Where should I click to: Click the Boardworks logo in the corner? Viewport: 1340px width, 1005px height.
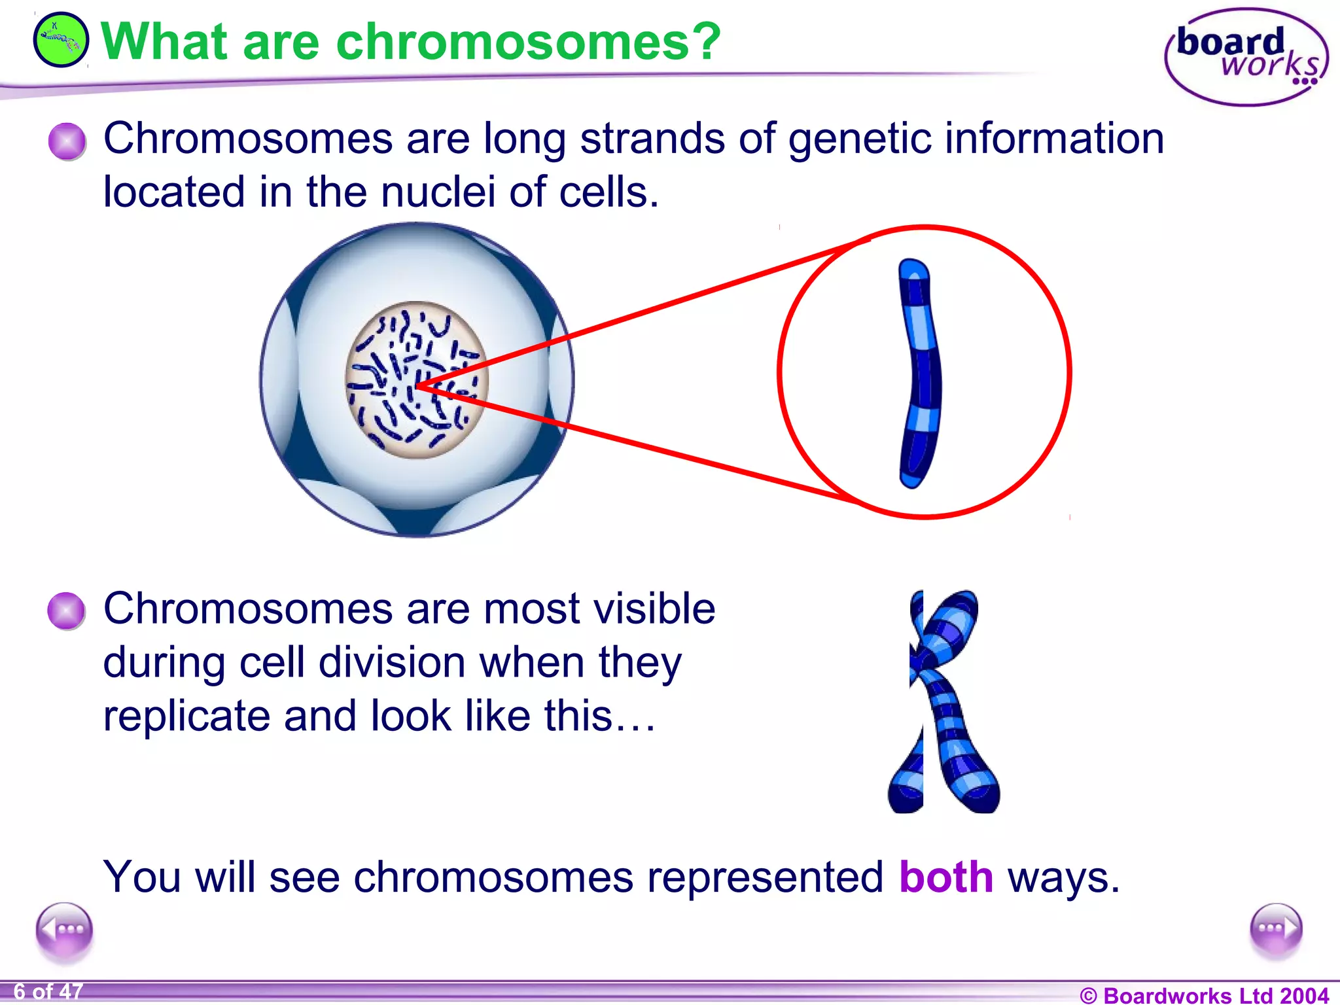pos(1246,57)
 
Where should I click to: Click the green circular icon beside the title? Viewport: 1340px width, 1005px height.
pos(61,40)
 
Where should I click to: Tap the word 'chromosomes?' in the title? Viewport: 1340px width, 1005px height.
pos(528,41)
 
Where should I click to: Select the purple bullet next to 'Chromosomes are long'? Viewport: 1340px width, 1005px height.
pos(67,141)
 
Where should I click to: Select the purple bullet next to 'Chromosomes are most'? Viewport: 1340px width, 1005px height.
pos(66,611)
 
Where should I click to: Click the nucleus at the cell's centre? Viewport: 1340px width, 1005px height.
pos(417,380)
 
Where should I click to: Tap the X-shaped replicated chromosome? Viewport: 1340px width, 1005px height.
pos(944,702)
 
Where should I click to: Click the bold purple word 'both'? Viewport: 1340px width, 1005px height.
pos(946,877)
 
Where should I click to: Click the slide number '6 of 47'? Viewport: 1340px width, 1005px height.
pos(48,992)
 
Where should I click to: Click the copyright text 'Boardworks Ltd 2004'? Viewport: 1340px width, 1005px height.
pos(1216,995)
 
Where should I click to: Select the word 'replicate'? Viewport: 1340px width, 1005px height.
pos(186,716)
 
